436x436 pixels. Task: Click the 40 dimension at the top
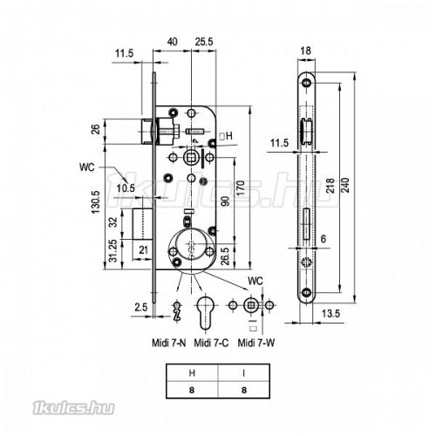pos(172,42)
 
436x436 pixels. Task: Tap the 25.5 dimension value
pos(204,42)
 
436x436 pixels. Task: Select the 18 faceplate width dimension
pos(305,51)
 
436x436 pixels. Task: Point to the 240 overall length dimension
pos(345,185)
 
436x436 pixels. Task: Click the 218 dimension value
pos(330,186)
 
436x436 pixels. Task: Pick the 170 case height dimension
pos(241,188)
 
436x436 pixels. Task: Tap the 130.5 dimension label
pos(96,202)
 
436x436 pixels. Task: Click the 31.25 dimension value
pos(113,251)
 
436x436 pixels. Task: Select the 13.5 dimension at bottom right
pos(330,314)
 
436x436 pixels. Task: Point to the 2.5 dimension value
pos(141,307)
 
